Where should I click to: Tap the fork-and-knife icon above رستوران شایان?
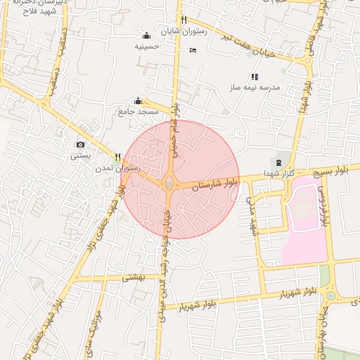pos(183,20)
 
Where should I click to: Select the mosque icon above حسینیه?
pos(146,36)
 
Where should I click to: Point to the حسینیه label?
pos(146,46)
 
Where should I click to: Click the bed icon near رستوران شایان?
pos(193,50)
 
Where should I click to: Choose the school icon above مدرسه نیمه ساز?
pos(255,77)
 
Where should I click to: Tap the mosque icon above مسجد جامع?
pos(139,101)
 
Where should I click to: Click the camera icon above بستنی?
pos(80,145)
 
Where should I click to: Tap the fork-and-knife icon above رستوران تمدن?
pos(118,157)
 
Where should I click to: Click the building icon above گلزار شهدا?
pos(279,163)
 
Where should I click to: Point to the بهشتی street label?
pos(133,278)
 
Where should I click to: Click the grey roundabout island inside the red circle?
pos(171,185)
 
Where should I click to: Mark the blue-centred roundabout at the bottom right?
pos(330,295)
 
